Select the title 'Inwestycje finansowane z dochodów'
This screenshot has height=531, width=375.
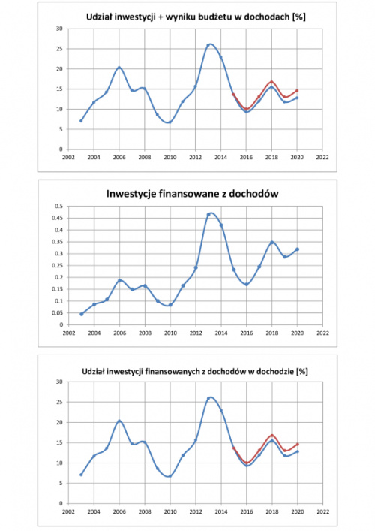pyautogui.click(x=193, y=193)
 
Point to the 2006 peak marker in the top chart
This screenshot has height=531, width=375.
pyautogui.click(x=119, y=68)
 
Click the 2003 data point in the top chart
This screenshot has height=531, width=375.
pyautogui.click(x=81, y=121)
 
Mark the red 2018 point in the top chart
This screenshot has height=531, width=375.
pyautogui.click(x=271, y=82)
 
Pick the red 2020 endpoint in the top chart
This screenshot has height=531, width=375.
pyautogui.click(x=297, y=91)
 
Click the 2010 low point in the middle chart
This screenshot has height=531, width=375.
pyautogui.click(x=170, y=305)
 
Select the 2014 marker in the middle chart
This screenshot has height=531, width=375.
pyautogui.click(x=221, y=225)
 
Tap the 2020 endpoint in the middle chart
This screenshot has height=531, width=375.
pyautogui.click(x=298, y=249)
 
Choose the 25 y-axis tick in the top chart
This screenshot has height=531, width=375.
pyautogui.click(x=60, y=49)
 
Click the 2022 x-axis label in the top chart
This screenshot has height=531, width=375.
pyautogui.click(x=322, y=158)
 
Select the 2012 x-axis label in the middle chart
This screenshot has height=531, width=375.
pyautogui.click(x=196, y=333)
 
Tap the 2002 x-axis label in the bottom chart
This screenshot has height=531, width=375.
pyautogui.click(x=69, y=511)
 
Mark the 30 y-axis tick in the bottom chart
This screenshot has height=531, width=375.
pyautogui.click(x=60, y=382)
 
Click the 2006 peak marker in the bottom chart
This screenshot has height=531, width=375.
pyautogui.click(x=119, y=421)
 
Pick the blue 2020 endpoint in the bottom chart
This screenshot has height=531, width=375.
pyautogui.click(x=298, y=451)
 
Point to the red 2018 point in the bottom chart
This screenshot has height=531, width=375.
pyautogui.click(x=271, y=436)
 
